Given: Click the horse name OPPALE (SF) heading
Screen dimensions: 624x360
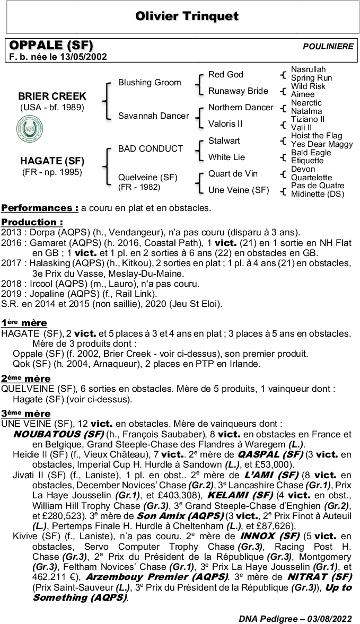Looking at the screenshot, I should (51, 46).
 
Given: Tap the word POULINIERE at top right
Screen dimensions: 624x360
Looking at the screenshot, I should (328, 47).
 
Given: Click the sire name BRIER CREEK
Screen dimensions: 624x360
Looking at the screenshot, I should (52, 96).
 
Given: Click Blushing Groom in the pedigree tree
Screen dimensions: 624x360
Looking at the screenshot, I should (150, 83).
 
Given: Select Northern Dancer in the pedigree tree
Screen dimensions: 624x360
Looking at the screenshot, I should (241, 108).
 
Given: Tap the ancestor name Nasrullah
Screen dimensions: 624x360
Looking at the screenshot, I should (308, 69).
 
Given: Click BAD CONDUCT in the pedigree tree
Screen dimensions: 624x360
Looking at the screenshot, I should (150, 149).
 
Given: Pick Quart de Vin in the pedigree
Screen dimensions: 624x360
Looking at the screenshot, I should (233, 173).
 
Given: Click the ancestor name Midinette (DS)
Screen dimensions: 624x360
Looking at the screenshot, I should (318, 194).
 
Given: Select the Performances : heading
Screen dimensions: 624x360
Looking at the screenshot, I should (40, 208).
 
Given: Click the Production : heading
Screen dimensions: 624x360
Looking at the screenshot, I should (32, 222).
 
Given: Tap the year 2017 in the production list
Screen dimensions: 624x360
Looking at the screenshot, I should (11, 263).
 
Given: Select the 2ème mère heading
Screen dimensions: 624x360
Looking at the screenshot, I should (26, 379).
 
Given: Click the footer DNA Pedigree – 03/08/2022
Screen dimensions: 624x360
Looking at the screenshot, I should (295, 618).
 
